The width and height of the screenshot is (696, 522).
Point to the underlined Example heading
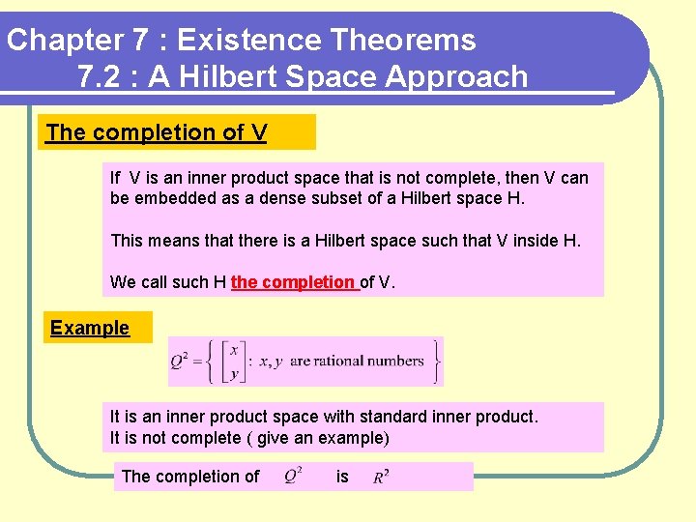pos(90,328)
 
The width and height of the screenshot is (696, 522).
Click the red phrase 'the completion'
pos(293,282)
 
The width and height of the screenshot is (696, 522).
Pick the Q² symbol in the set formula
pos(181,362)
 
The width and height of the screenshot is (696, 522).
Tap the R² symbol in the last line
pos(382,477)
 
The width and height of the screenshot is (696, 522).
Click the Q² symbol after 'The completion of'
pos(294,477)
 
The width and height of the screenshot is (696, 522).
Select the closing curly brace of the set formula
pos(437,361)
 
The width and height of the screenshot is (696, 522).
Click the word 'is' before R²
pos(342,477)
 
